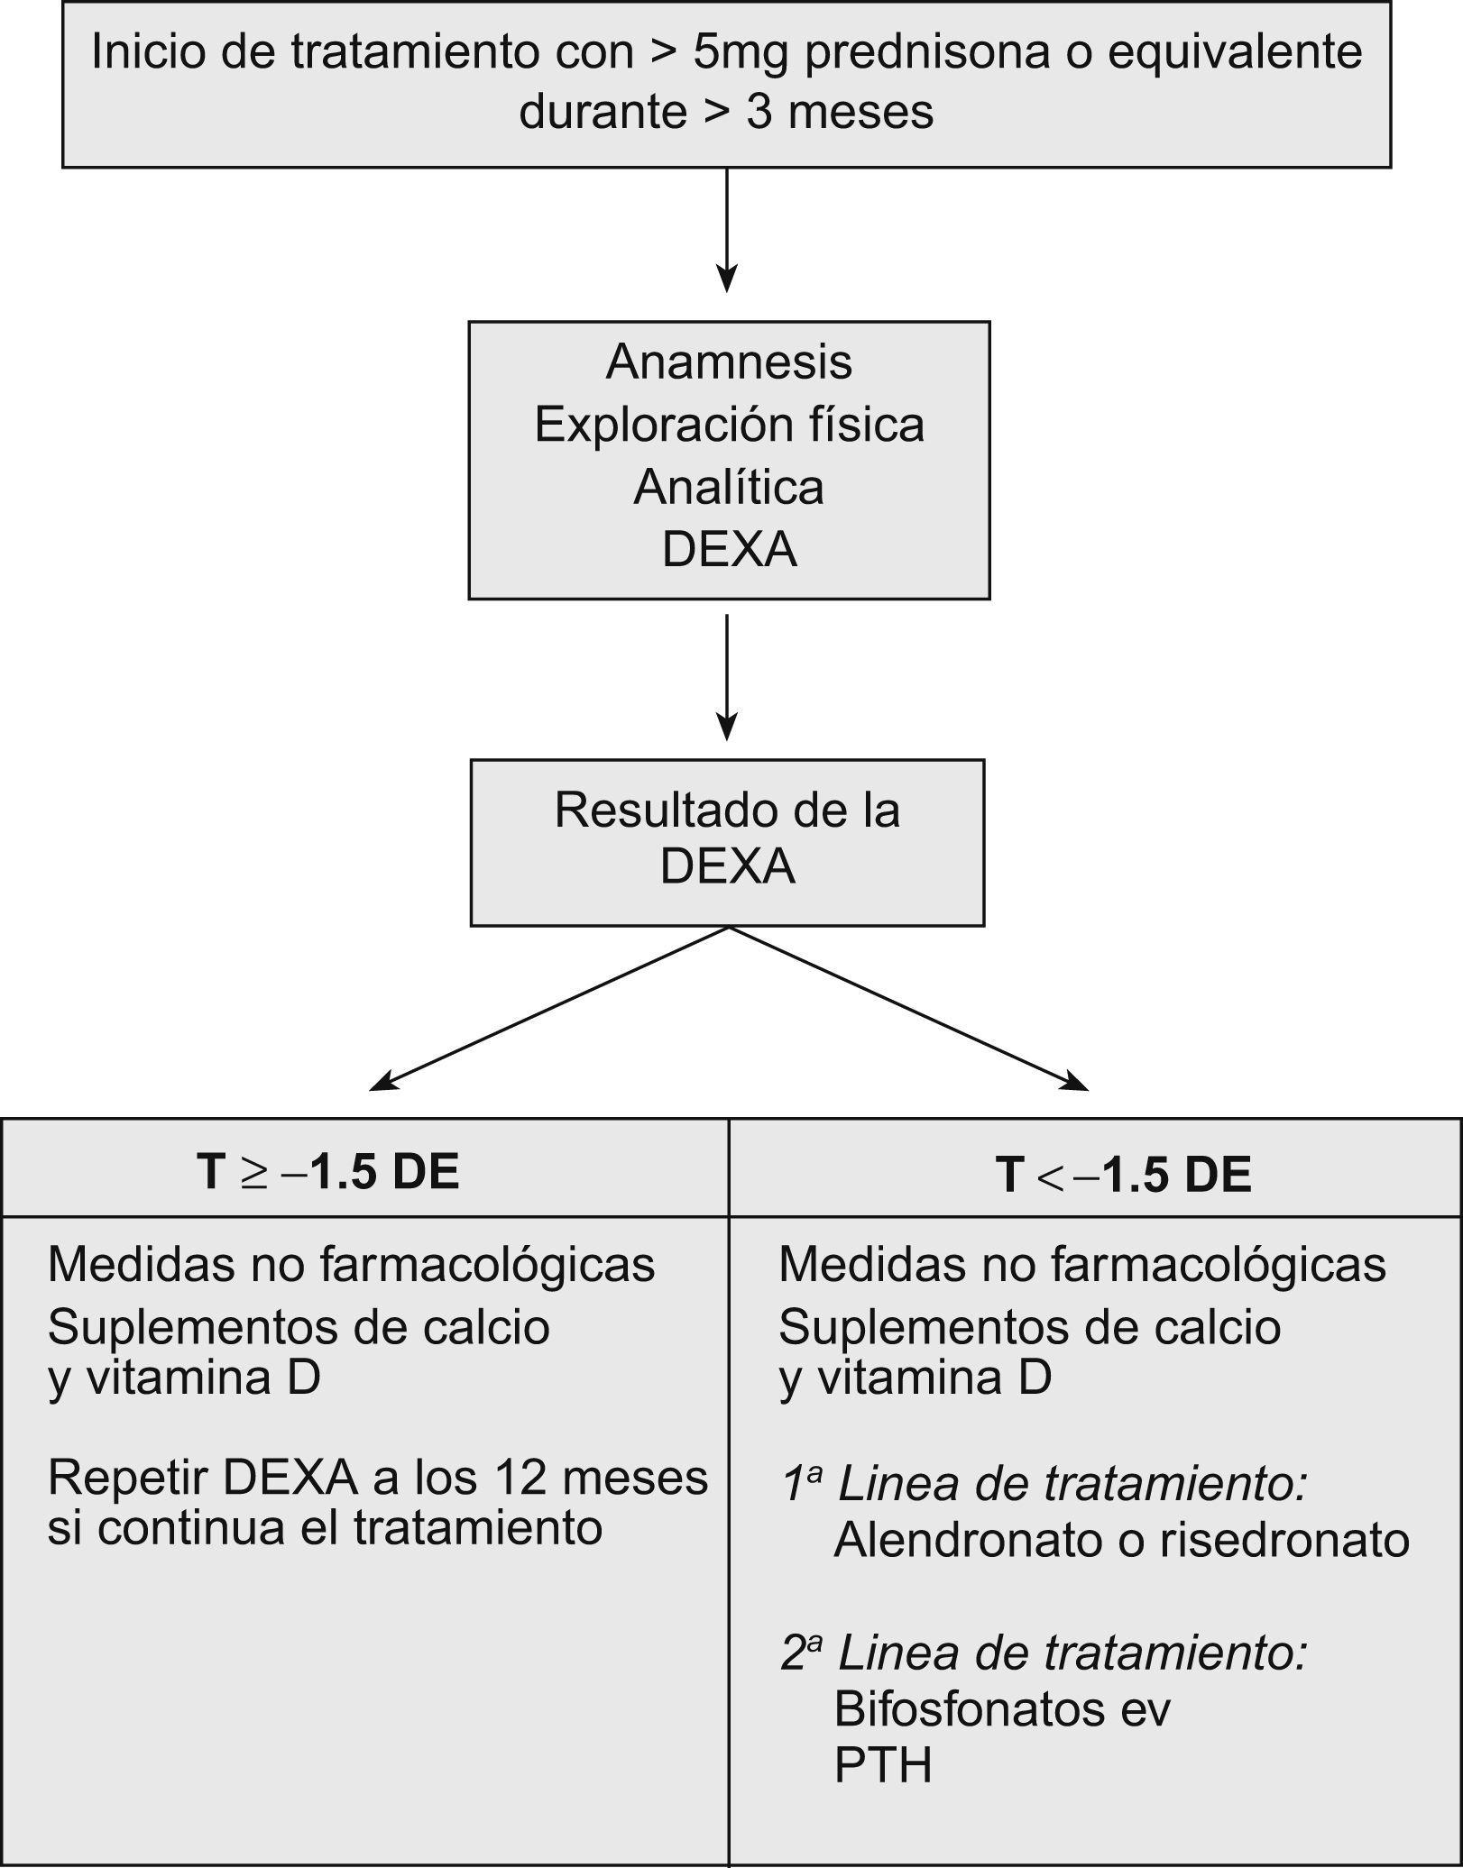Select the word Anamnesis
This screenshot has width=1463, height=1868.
pyautogui.click(x=729, y=362)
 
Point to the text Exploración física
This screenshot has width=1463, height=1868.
pyautogui.click(x=729, y=425)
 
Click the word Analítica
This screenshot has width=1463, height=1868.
pyautogui.click(x=729, y=488)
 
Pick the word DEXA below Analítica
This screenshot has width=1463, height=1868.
pyautogui.click(x=729, y=549)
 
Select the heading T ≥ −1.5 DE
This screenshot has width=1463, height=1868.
pyautogui.click(x=328, y=1172)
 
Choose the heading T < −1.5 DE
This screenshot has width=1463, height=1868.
pyautogui.click(x=1124, y=1175)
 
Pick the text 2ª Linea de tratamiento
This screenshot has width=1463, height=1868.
pyautogui.click(x=1044, y=1653)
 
